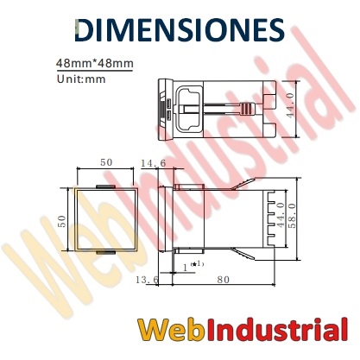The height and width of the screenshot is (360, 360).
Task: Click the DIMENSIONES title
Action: coord(180,30)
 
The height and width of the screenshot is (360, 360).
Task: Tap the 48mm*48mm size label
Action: coord(95,63)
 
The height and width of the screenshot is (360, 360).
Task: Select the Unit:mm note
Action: coord(81,79)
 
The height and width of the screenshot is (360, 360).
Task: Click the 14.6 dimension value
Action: coord(154,163)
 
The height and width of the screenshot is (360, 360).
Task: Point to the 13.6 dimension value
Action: coord(147,280)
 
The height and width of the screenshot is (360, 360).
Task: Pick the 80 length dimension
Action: coord(224,280)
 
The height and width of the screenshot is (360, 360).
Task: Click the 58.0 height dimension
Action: coord(292,216)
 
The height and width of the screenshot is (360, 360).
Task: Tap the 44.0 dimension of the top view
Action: coord(290,105)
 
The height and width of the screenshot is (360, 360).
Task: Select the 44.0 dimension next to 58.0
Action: coord(281,215)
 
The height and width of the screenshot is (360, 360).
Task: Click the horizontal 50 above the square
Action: coord(106,162)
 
